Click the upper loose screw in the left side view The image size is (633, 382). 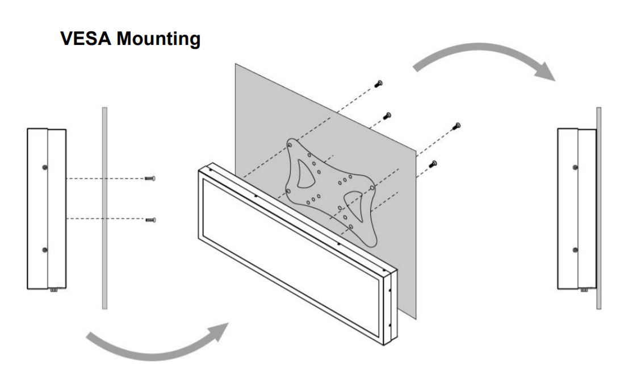[x=151, y=178]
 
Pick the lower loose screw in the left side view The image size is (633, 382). [x=151, y=219]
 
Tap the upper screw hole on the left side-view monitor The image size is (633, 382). [x=45, y=167]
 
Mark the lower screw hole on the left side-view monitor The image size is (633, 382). [x=45, y=250]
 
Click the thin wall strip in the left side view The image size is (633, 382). [x=104, y=207]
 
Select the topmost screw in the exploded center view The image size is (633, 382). [x=378, y=84]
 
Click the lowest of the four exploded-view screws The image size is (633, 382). [x=434, y=164]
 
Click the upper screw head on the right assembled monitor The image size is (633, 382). [x=575, y=167]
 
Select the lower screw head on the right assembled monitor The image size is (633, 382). [x=575, y=250]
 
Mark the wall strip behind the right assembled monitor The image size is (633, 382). [x=598, y=207]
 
